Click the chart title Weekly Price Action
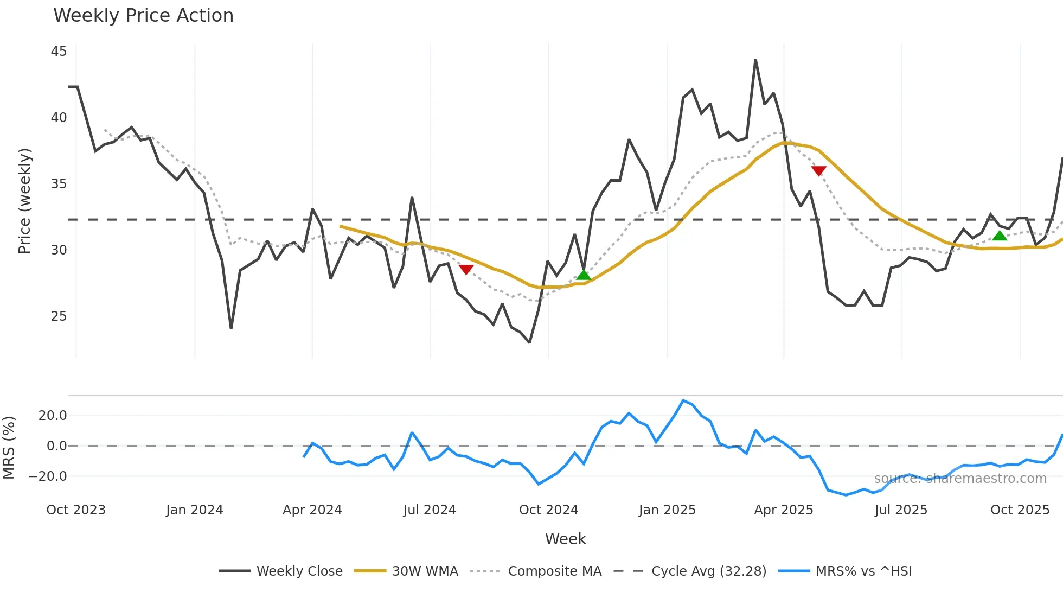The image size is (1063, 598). [143, 16]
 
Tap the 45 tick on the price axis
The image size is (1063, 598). [59, 52]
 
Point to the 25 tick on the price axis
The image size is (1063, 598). [59, 316]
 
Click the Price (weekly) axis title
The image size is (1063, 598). [25, 201]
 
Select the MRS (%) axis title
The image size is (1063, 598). [9, 448]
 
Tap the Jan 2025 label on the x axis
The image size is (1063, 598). [667, 510]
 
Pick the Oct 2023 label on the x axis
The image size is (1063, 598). [76, 510]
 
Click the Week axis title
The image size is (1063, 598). [565, 539]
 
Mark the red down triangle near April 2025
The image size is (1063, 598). [818, 171]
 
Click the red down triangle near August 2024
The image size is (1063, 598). [466, 269]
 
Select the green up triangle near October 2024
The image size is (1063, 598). [584, 275]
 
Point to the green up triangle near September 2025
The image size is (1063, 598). [1000, 236]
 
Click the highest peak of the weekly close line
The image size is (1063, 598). [755, 60]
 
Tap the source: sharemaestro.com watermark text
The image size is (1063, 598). [960, 479]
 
